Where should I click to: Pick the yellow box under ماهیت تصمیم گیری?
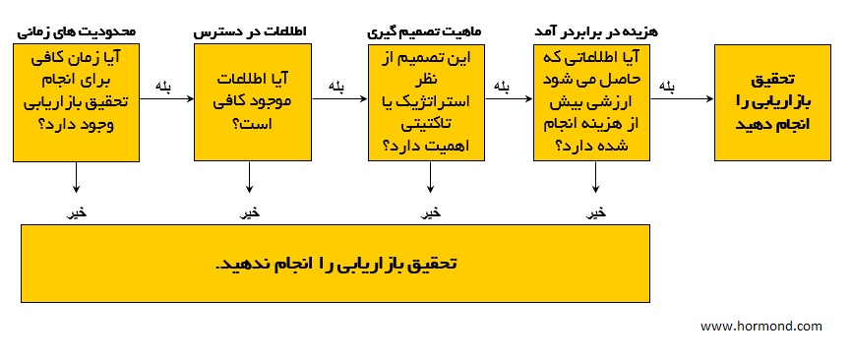(429, 101)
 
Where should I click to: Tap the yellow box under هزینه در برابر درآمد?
(595, 101)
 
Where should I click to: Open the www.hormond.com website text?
(761, 325)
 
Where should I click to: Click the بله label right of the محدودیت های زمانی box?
(163, 87)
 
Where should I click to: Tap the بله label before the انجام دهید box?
(667, 87)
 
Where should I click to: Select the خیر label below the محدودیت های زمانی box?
(76, 212)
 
